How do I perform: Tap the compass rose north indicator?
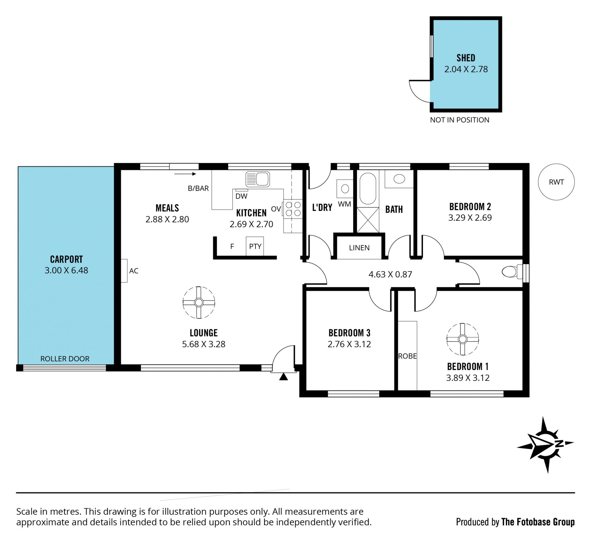click(x=545, y=445)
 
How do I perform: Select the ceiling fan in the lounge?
click(x=199, y=302)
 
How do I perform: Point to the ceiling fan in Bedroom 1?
click(x=462, y=339)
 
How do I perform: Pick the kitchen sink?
click(x=258, y=179)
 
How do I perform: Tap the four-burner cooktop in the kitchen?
click(x=293, y=209)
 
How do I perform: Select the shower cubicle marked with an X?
click(x=368, y=220)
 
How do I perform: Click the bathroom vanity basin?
click(x=399, y=179)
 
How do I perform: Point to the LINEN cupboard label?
click(x=359, y=248)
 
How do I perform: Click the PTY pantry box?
click(x=255, y=246)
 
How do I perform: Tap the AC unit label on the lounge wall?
click(x=134, y=271)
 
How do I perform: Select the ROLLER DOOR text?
click(x=65, y=359)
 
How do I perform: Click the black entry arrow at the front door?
click(x=283, y=377)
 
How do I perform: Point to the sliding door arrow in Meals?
click(x=185, y=174)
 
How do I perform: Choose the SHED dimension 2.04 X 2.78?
click(x=466, y=69)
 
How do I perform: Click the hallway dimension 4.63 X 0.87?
click(x=390, y=274)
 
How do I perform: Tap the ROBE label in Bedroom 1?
click(x=408, y=356)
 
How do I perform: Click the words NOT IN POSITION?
click(x=460, y=120)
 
